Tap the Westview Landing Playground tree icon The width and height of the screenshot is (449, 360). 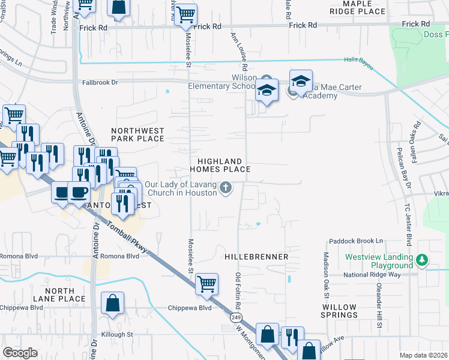pyautogui.click(x=423, y=260)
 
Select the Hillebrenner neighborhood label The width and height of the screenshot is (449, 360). pyautogui.click(x=256, y=256)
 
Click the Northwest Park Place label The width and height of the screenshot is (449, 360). pyautogui.click(x=137, y=134)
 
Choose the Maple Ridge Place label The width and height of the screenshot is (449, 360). pyautogui.click(x=357, y=7)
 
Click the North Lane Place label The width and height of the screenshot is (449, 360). pyautogui.click(x=59, y=295)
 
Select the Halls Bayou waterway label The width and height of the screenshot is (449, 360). pyautogui.click(x=358, y=60)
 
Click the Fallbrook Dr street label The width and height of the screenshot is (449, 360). pyautogui.click(x=100, y=82)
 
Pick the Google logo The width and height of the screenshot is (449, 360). pyautogui.click(x=20, y=353)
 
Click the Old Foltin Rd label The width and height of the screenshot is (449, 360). pyautogui.click(x=238, y=290)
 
